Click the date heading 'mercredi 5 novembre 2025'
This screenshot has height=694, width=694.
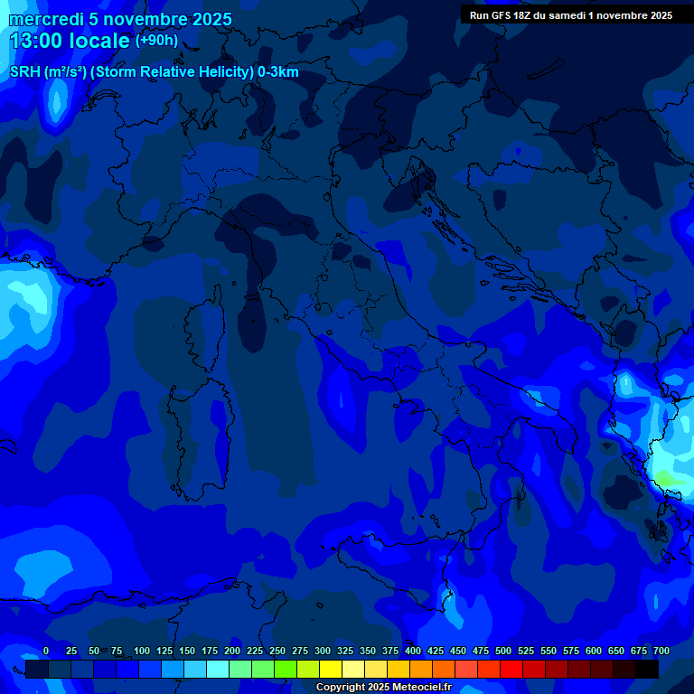click(x=120, y=19)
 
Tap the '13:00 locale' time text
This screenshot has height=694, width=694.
click(x=70, y=41)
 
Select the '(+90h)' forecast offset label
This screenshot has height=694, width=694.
click(x=156, y=41)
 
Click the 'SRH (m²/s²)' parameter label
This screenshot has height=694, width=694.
click(x=48, y=72)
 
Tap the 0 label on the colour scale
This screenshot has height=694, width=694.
click(x=46, y=651)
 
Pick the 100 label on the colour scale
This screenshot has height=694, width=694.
click(x=142, y=651)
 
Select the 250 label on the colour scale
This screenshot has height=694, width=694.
click(x=277, y=651)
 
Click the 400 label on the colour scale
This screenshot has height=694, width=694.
click(x=413, y=651)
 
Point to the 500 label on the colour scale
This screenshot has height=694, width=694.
click(x=503, y=651)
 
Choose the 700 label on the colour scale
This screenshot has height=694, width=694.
click(x=661, y=651)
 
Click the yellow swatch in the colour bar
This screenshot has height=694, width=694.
click(x=331, y=670)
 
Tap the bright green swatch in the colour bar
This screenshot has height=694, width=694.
click(x=286, y=670)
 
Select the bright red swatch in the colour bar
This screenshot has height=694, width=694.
click(x=511, y=670)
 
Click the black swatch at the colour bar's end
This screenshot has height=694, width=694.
click(x=647, y=670)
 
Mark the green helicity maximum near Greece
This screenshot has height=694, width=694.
click(x=666, y=477)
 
